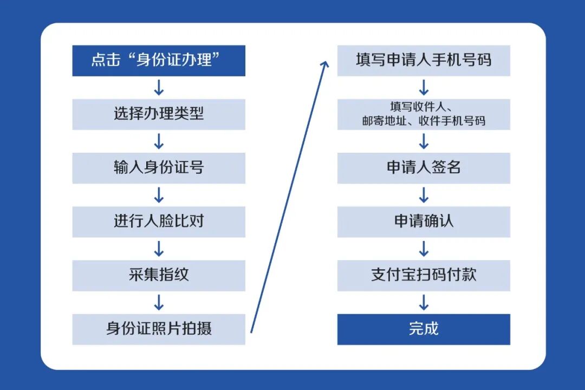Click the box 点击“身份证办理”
159,61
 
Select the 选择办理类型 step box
159,114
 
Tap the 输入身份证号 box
159,168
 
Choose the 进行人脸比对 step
159,222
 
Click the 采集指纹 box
159,275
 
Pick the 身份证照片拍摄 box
159,329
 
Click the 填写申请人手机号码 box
424,61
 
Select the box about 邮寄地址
424,114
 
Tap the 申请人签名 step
424,168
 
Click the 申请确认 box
424,222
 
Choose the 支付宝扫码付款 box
424,275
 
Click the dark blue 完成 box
424,329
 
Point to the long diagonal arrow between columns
289,197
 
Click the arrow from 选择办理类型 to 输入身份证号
159,141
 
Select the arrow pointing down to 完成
424,303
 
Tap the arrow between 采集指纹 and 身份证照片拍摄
159,303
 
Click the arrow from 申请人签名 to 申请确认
424,195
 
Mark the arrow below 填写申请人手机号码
424,88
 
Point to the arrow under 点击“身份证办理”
159,88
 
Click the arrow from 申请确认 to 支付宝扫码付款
424,249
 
